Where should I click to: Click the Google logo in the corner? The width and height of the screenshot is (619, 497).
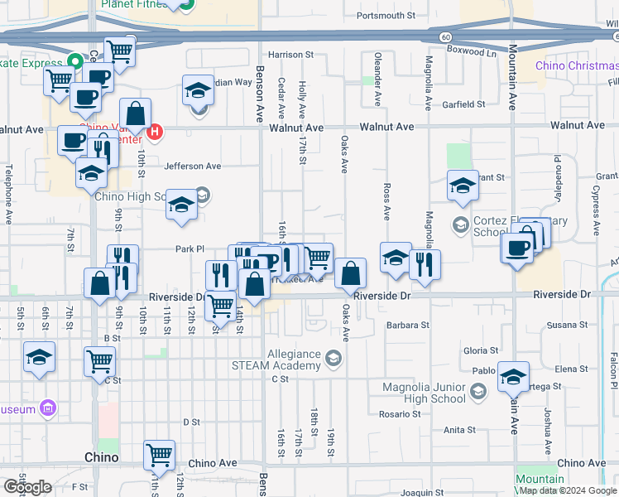click(27, 487)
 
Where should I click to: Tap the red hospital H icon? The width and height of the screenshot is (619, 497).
click(154, 131)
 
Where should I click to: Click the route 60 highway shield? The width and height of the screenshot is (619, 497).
click(445, 37)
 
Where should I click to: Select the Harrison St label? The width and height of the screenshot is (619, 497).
click(291, 55)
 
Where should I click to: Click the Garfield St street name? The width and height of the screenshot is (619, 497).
click(463, 104)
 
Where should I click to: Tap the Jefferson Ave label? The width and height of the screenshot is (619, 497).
click(192, 166)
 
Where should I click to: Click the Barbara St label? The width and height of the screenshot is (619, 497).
click(406, 326)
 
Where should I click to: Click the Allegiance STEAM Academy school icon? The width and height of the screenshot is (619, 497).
click(333, 359)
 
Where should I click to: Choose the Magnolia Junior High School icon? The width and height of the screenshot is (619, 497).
click(477, 391)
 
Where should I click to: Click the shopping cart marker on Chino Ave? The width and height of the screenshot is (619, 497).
click(159, 453)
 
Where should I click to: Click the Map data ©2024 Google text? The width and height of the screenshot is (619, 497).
click(566, 490)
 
